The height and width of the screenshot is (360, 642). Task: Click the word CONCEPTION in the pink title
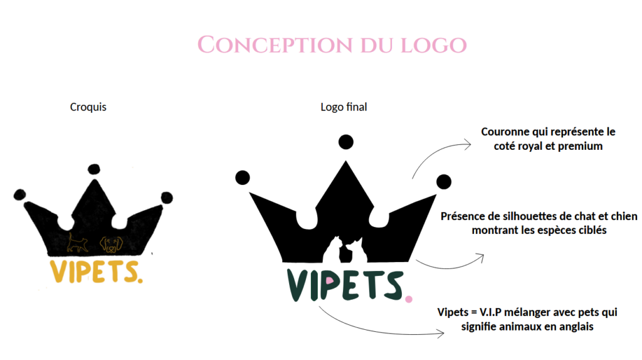click(x=275, y=45)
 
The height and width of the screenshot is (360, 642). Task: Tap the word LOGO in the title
click(x=434, y=45)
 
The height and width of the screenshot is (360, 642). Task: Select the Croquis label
click(x=88, y=107)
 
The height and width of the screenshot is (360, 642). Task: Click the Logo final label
click(x=344, y=107)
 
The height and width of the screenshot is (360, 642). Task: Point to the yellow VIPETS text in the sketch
click(x=95, y=271)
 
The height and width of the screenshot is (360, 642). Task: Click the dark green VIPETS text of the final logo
click(x=345, y=285)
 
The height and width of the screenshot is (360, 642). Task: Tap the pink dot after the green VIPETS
click(x=408, y=299)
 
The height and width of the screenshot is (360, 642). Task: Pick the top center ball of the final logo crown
click(x=346, y=142)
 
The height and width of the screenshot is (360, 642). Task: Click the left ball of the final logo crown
click(x=243, y=177)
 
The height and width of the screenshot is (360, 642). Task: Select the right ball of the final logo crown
click(x=444, y=182)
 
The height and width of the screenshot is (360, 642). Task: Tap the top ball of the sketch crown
click(x=94, y=169)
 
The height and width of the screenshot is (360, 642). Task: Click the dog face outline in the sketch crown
click(x=112, y=244)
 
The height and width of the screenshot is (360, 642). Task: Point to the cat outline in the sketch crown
click(x=77, y=243)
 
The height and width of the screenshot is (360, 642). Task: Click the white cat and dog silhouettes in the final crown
click(x=345, y=250)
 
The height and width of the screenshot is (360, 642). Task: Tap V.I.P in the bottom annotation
click(x=490, y=312)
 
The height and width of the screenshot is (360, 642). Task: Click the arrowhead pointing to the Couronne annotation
click(x=466, y=144)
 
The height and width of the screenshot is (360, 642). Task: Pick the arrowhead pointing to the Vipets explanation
click(x=440, y=334)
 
